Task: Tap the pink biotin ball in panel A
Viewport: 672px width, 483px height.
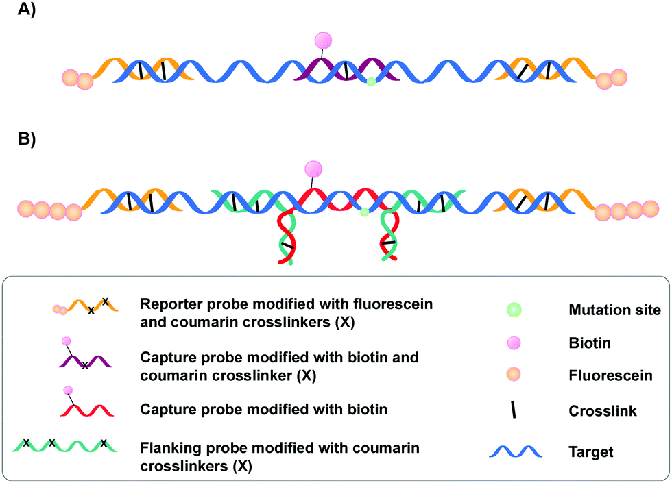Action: tap(323, 40)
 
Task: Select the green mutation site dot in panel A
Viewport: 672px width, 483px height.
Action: tap(371, 82)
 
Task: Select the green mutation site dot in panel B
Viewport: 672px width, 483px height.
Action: tap(365, 213)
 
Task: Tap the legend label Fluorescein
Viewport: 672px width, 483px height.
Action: tap(601, 376)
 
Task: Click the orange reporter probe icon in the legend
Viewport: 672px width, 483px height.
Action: tap(85, 306)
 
